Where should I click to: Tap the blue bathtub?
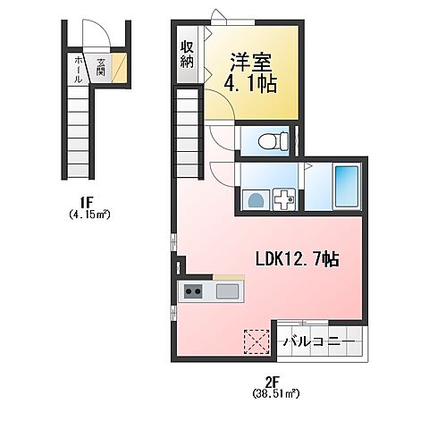(x=344, y=189)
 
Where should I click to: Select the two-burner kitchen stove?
(x=193, y=290)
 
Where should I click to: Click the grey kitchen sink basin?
(x=227, y=290)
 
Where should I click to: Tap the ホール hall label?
(x=79, y=68)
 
